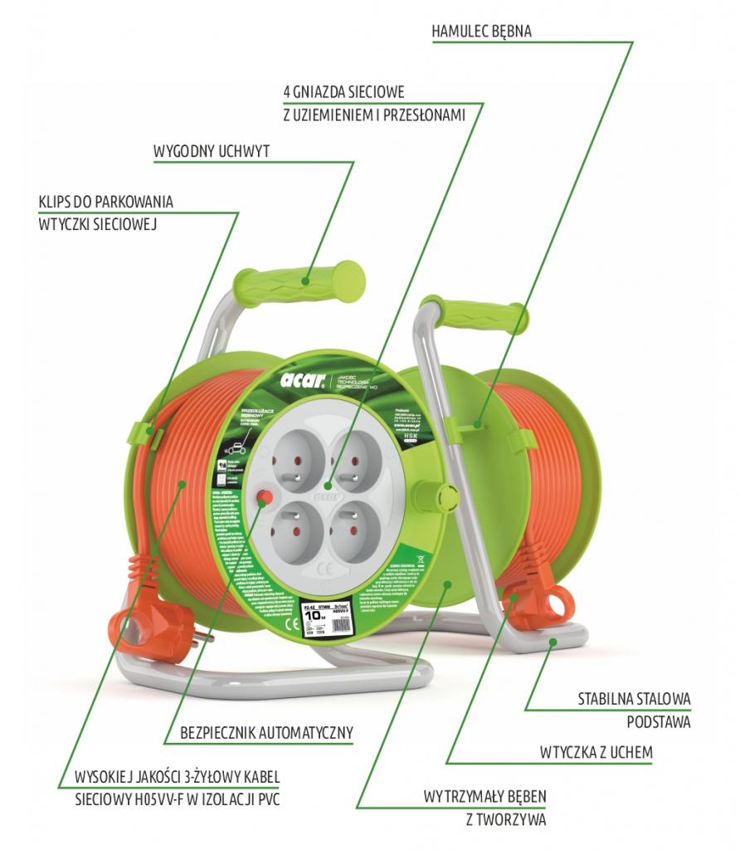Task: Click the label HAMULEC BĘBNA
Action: tap(481, 32)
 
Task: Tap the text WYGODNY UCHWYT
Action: tap(212, 153)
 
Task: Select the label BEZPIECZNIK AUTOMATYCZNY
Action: tap(266, 733)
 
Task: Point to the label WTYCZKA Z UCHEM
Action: tap(596, 753)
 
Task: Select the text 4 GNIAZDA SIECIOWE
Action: tap(343, 91)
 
